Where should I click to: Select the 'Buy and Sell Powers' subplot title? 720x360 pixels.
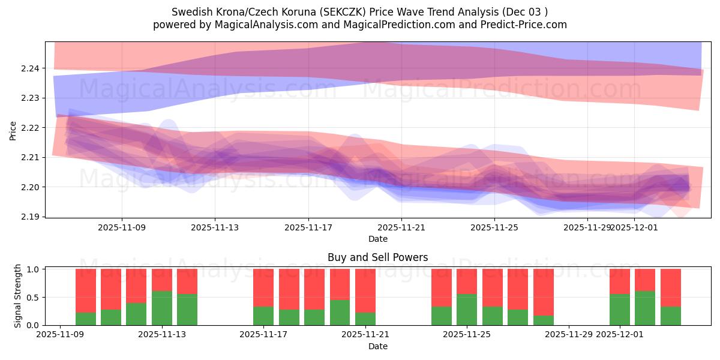(x=377, y=257)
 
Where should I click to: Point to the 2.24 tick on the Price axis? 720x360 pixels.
(x=30, y=68)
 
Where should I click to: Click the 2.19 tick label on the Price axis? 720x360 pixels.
(x=30, y=217)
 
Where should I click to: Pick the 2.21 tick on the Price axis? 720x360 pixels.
(x=30, y=157)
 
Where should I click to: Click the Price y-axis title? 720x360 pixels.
(x=13, y=130)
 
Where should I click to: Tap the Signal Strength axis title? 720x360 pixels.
(x=18, y=296)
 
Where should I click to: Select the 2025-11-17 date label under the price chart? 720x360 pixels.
(x=308, y=227)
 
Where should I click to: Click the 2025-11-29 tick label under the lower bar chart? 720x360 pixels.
(x=568, y=335)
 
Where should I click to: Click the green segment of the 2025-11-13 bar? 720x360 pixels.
(x=162, y=308)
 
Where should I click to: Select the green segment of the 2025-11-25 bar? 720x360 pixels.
(x=467, y=310)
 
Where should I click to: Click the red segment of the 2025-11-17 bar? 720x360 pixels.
(x=263, y=287)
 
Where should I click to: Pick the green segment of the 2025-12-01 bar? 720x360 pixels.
(x=620, y=310)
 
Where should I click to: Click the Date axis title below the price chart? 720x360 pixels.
(x=377, y=239)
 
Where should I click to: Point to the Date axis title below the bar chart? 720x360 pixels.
(x=377, y=346)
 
